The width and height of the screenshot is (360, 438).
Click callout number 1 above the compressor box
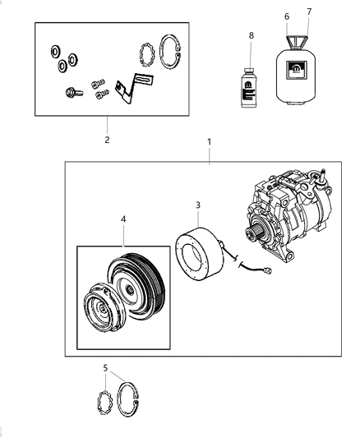(209, 142)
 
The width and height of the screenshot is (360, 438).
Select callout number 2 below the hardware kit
(106, 139)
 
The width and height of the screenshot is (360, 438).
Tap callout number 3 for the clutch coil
(197, 205)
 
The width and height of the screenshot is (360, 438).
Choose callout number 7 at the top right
(309, 12)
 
